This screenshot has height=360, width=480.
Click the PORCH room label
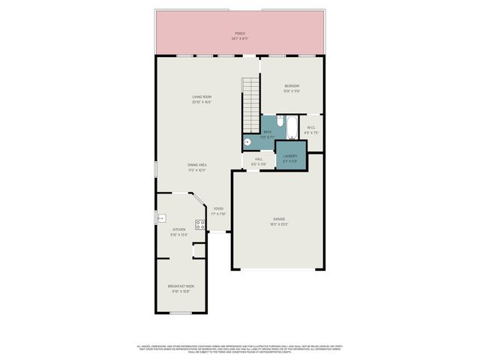click(239, 34)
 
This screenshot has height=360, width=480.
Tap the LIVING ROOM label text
click(201, 97)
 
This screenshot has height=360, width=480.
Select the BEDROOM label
click(292, 86)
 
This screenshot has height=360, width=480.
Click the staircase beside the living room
click(250, 105)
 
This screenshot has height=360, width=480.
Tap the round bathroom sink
click(247, 141)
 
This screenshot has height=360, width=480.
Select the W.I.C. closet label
click(312, 127)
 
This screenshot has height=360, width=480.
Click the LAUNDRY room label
click(290, 156)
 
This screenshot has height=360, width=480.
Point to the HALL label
click(258, 158)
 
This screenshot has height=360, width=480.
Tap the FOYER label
click(218, 209)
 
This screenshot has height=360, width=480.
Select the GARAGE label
click(278, 219)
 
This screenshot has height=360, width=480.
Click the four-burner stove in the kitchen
click(200, 223)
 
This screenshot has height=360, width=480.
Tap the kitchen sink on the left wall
click(160, 218)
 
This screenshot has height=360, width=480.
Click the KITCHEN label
click(178, 230)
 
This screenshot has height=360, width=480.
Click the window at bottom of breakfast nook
click(180, 313)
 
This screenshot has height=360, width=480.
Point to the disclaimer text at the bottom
click(239, 348)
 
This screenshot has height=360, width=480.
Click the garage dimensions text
click(278, 224)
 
